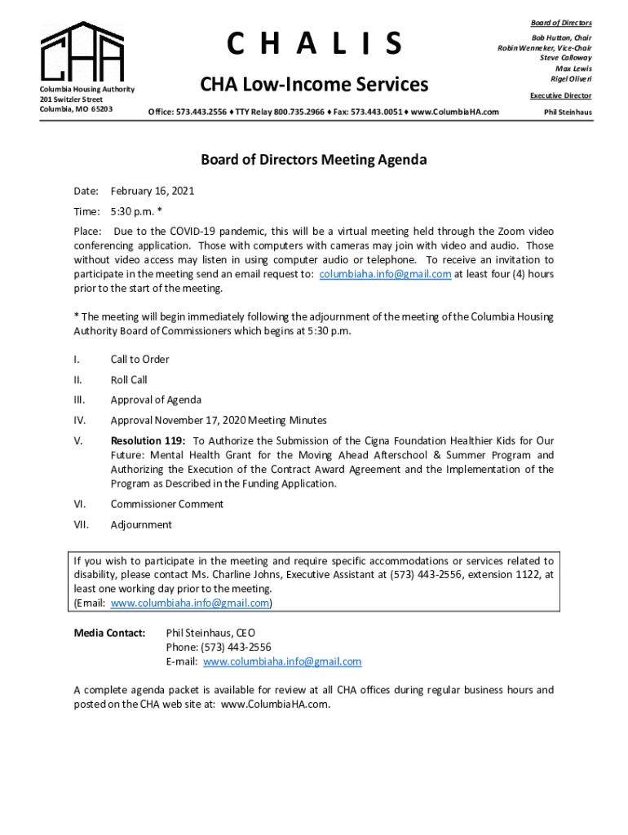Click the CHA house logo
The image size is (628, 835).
pyautogui.click(x=83, y=51)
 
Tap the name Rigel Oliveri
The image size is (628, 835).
pyautogui.click(x=571, y=79)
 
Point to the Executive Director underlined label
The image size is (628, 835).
pyautogui.click(x=561, y=95)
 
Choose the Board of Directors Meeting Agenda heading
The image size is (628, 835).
pyautogui.click(x=314, y=160)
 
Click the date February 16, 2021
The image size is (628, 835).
pyautogui.click(x=153, y=191)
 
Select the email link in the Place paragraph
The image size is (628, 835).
pyautogui.click(x=385, y=274)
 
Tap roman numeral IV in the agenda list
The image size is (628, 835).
pyautogui.click(x=80, y=420)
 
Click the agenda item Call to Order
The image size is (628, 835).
pyautogui.click(x=139, y=359)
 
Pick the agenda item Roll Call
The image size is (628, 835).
pyautogui.click(x=129, y=379)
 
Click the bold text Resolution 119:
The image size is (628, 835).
pyautogui.click(x=148, y=440)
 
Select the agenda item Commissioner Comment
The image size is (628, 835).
pyautogui.click(x=166, y=504)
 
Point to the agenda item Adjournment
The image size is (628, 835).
pyautogui.click(x=141, y=524)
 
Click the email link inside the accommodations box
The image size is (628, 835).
pyautogui.click(x=189, y=603)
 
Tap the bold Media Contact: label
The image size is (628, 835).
pyautogui.click(x=109, y=633)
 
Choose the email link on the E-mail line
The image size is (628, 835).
pyautogui.click(x=281, y=661)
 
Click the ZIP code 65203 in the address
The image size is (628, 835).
pyautogui.click(x=100, y=109)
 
